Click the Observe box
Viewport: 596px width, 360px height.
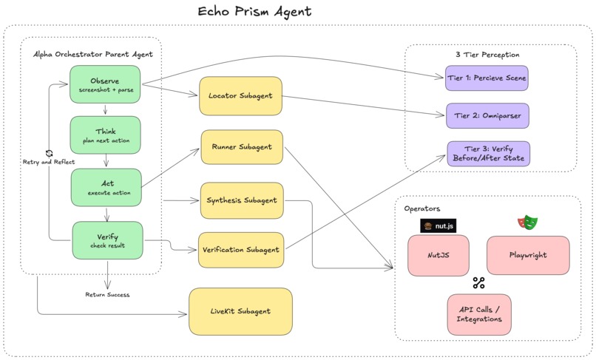pyautogui.click(x=105, y=84)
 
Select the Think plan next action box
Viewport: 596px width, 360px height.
pyautogui.click(x=105, y=135)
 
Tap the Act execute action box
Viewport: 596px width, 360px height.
pyautogui.click(x=106, y=188)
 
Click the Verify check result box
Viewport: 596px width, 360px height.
pyautogui.click(x=107, y=241)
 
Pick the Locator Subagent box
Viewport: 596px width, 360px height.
pyautogui.click(x=240, y=96)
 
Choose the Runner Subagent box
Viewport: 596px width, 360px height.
pyautogui.click(x=242, y=147)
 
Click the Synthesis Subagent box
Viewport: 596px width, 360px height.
pyautogui.click(x=242, y=201)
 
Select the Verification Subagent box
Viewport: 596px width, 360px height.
pyautogui.click(x=241, y=250)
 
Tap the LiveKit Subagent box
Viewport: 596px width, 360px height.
pyautogui.click(x=240, y=311)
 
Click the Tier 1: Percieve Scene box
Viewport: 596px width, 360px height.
pyautogui.click(x=487, y=78)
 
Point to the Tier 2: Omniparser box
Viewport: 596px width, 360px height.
pyautogui.click(x=487, y=115)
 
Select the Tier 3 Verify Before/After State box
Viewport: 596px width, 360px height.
pyautogui.click(x=489, y=154)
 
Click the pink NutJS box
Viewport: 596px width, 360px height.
pyautogui.click(x=438, y=256)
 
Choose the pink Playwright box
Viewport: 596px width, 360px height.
pyautogui.click(x=528, y=255)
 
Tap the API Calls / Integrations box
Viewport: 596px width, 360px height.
pyautogui.click(x=479, y=314)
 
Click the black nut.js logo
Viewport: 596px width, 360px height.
pyautogui.click(x=438, y=225)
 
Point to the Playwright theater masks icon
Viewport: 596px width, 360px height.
pyautogui.click(x=528, y=223)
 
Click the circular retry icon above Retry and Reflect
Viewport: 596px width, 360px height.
pyautogui.click(x=49, y=153)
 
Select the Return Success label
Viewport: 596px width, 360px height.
pyautogui.click(x=107, y=295)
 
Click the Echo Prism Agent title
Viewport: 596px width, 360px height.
pyautogui.click(x=254, y=11)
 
